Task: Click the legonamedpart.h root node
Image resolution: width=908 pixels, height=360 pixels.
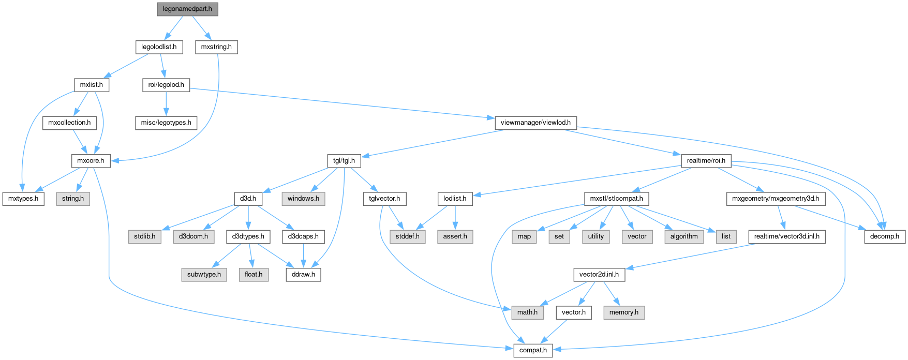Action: [187, 9]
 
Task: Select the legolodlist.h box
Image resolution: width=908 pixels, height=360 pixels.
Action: [159, 47]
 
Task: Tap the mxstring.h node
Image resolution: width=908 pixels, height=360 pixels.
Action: [216, 47]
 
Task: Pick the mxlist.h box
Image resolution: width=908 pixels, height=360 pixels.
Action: [91, 85]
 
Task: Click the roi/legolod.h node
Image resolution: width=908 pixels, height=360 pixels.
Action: [166, 85]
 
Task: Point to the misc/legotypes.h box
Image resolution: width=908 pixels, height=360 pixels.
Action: [166, 123]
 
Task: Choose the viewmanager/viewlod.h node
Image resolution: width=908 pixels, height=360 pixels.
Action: [535, 123]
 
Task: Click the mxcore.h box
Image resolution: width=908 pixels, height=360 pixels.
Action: [91, 160]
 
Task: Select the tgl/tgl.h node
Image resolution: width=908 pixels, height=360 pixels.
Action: [344, 160]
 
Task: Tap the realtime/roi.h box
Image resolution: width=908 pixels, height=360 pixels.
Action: [706, 160]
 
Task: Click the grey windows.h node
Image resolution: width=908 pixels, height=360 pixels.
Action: [303, 199]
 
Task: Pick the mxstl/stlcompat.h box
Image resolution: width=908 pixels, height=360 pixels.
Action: [616, 199]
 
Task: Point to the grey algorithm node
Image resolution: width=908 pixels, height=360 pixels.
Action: [684, 236]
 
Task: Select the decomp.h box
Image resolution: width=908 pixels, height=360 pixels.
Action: [885, 236]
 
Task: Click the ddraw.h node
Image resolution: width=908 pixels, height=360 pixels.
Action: [303, 274]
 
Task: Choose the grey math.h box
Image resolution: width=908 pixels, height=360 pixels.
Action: [527, 312]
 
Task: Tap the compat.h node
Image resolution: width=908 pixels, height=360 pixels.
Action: [533, 350]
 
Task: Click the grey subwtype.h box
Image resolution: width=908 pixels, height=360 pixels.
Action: [204, 274]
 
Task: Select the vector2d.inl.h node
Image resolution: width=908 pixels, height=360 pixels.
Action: [599, 274]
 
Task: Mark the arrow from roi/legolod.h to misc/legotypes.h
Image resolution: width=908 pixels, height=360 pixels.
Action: [166, 103]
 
